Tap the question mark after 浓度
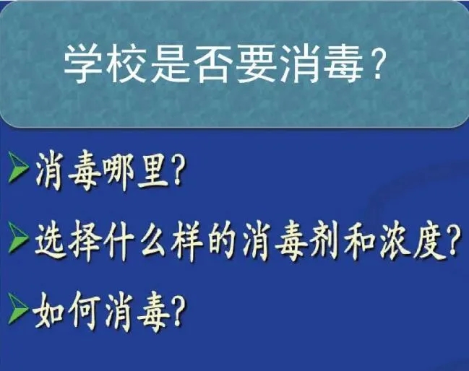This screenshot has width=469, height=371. [453, 240]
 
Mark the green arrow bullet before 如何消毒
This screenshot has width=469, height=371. [19, 308]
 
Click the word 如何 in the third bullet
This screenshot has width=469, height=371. [66, 311]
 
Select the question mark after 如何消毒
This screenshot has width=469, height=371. [176, 311]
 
